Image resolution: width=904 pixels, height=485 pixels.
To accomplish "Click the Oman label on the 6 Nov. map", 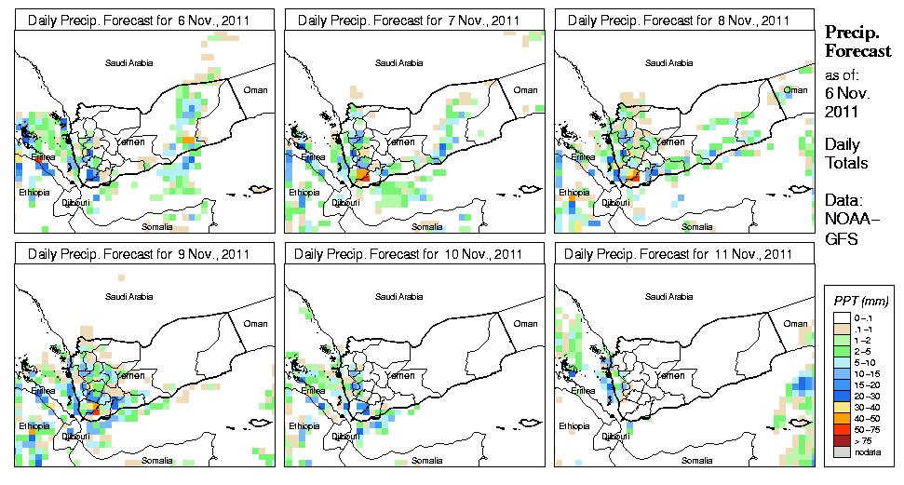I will [254, 89].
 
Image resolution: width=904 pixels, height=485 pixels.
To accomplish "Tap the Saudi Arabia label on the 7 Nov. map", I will [398, 63].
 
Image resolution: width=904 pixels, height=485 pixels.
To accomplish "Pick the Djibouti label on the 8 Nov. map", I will [614, 202].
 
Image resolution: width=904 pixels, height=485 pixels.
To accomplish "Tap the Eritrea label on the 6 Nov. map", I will [44, 157].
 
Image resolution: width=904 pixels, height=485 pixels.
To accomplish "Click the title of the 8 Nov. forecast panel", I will [678, 20].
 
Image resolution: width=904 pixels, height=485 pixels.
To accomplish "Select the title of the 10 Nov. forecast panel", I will [409, 253].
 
